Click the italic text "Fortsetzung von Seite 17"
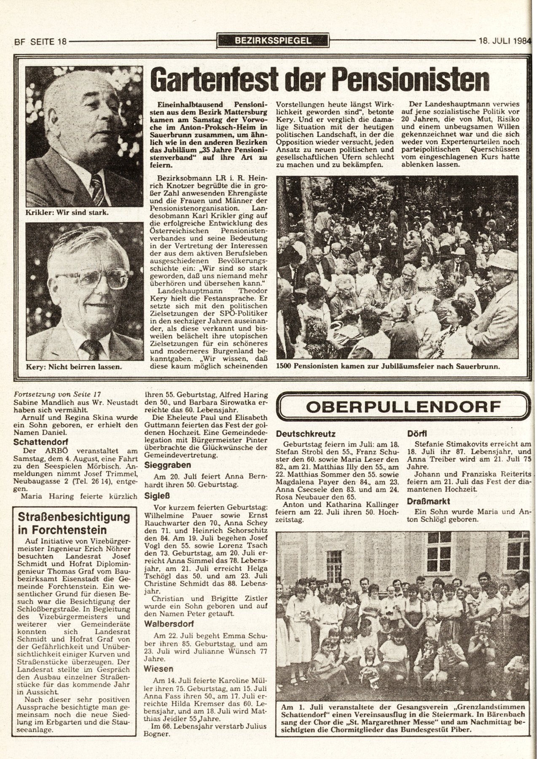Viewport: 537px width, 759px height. click(x=57, y=394)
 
